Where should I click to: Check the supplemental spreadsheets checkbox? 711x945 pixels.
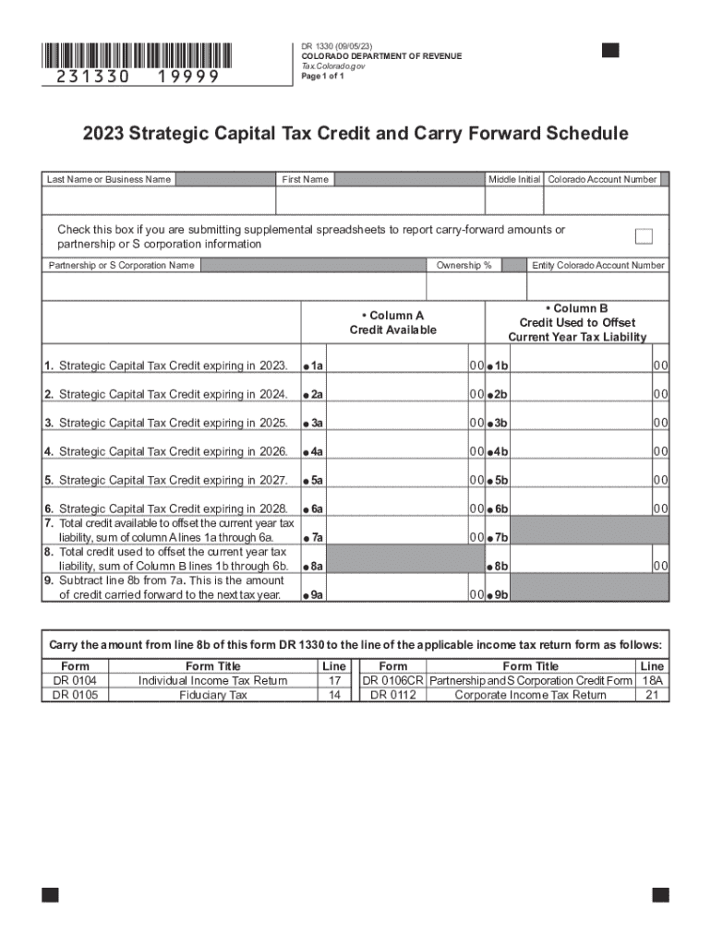tap(644, 236)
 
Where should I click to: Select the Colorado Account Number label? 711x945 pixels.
tap(602, 179)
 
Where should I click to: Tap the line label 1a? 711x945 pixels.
tap(316, 365)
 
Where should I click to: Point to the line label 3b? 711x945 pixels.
tap(501, 423)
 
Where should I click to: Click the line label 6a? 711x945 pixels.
tap(316, 508)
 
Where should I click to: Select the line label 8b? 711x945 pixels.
tap(501, 566)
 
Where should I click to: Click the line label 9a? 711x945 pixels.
tap(316, 595)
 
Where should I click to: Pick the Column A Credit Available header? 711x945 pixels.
tap(392, 322)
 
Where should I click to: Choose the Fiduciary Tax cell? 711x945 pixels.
tap(213, 695)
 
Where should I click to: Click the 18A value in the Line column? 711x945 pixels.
tap(652, 680)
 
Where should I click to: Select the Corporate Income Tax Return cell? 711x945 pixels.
tap(530, 695)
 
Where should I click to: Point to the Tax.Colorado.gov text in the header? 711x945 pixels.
tap(331, 66)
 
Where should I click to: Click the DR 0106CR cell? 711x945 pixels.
tap(392, 680)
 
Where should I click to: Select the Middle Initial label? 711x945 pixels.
tap(514, 179)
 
